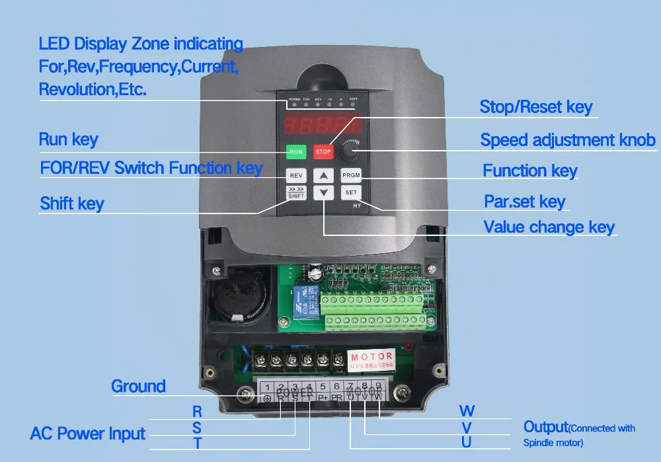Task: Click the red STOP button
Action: point(323,151)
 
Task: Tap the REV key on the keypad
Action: point(295,175)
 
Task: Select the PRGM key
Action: point(350,175)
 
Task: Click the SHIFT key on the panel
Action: point(295,193)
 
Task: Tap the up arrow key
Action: point(323,176)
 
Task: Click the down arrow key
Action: point(323,193)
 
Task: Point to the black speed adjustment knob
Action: point(350,153)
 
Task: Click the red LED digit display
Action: point(323,126)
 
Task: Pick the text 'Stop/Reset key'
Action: point(535,107)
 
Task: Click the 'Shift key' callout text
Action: point(71,203)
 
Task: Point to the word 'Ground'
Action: point(138,386)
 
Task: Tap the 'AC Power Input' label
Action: point(87,434)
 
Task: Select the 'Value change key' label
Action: point(549,227)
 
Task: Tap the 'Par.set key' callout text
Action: point(524,201)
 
